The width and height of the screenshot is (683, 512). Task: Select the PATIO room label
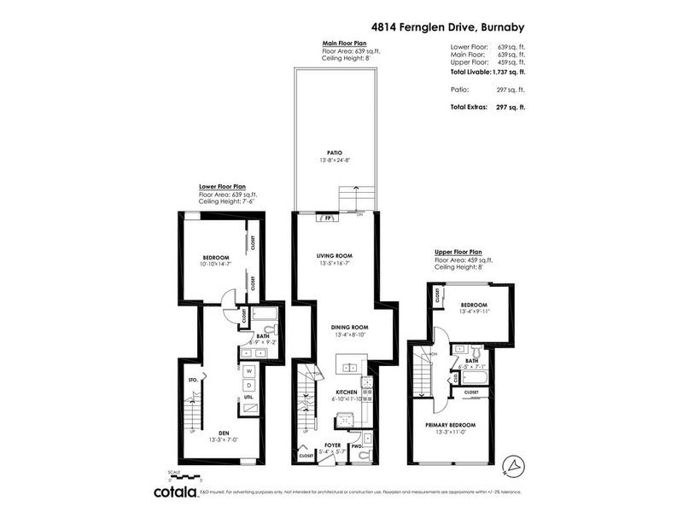click(334, 153)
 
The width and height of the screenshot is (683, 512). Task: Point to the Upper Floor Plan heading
click(458, 252)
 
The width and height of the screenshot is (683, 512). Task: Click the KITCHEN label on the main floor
click(334, 392)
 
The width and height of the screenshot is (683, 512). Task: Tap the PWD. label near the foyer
click(356, 445)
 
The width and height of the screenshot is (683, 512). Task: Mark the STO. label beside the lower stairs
click(192, 380)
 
